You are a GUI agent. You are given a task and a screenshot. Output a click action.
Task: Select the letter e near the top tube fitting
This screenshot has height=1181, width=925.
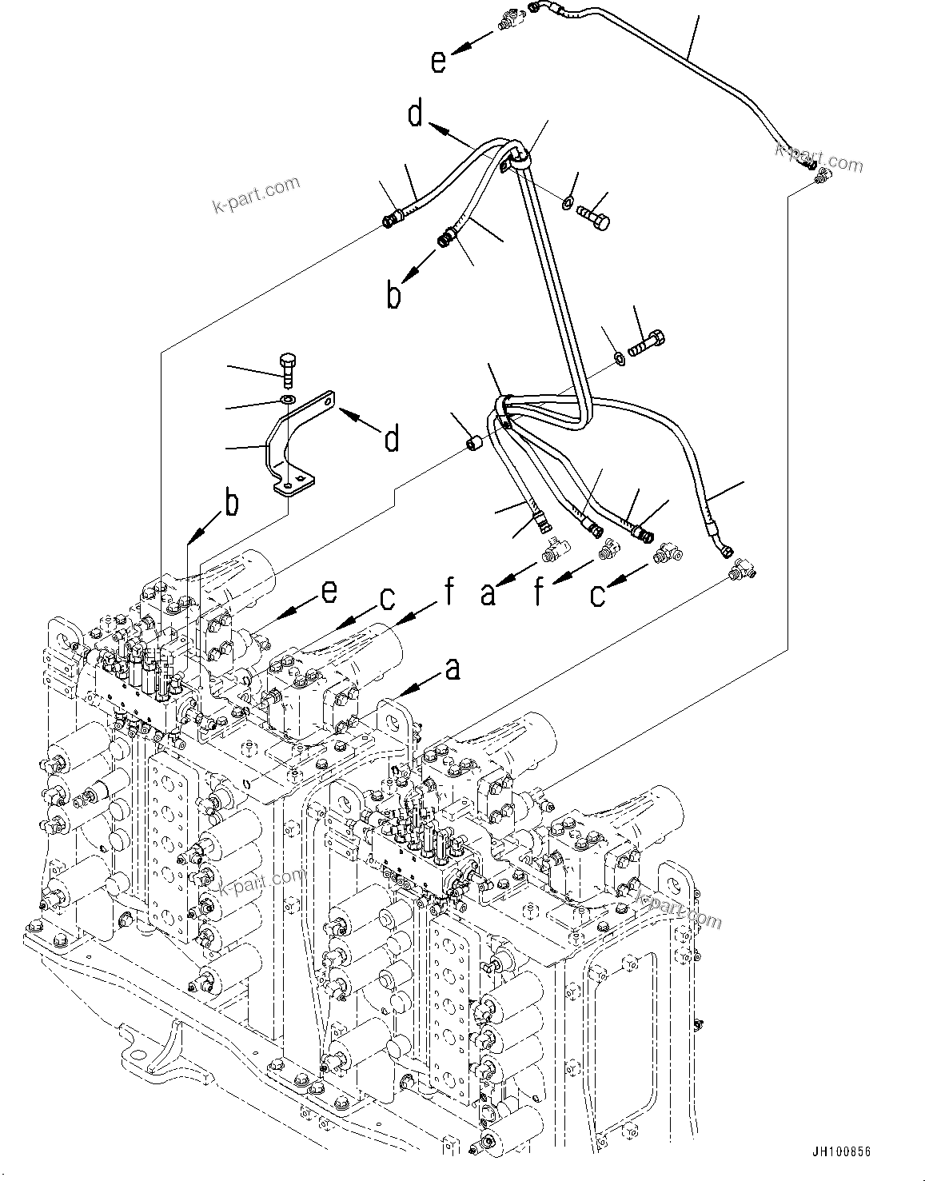(x=438, y=61)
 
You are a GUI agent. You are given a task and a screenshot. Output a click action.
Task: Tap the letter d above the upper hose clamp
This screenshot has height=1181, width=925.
(x=415, y=114)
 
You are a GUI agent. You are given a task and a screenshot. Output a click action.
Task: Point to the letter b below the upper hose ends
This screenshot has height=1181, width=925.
(x=393, y=295)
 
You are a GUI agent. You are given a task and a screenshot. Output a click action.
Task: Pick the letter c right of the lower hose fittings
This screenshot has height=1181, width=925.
(x=597, y=594)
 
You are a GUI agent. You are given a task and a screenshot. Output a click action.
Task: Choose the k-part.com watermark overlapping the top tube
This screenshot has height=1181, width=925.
(x=819, y=158)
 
